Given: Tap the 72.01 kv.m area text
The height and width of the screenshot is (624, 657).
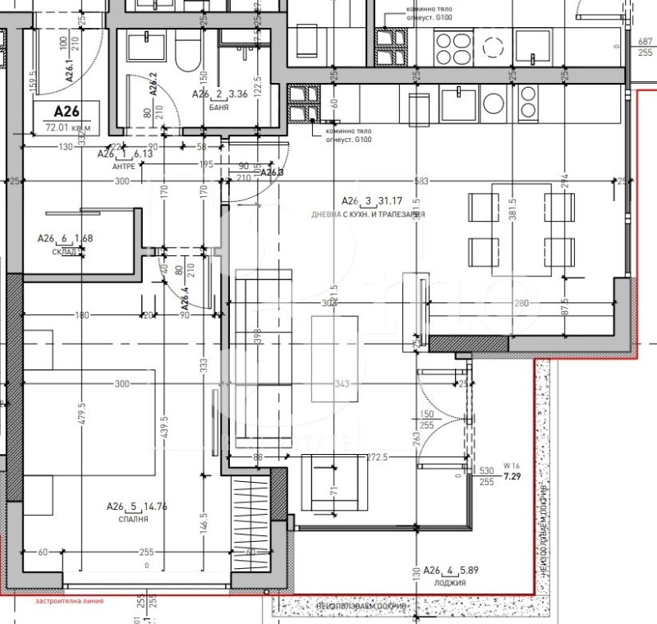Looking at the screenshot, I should pos(67,127).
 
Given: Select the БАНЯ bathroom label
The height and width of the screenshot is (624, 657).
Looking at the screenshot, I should pos(218,107).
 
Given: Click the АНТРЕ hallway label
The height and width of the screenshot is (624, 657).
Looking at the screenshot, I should pos(122,165).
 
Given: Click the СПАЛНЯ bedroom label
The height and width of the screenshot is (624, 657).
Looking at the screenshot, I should pos(133,520).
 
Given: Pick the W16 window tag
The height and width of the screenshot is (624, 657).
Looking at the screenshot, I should pos(512,466).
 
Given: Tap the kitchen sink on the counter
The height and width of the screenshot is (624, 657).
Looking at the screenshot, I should pos(453,103).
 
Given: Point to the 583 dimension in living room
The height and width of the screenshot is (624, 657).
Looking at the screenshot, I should pos(420,181).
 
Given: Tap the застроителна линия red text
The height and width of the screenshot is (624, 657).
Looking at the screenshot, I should pos(70,601).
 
